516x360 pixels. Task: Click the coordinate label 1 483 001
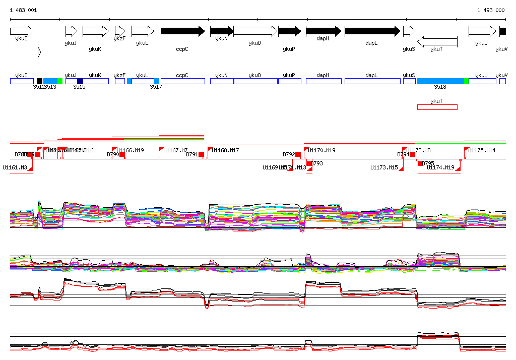[x=23, y=10]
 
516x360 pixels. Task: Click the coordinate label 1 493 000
[x=491, y=10]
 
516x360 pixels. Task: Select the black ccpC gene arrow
[x=182, y=31]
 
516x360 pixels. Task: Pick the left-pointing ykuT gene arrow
[x=437, y=41]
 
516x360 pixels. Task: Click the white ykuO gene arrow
[x=255, y=31]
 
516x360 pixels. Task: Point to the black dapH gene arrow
[x=324, y=31]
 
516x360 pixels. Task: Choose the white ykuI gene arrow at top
[x=22, y=31]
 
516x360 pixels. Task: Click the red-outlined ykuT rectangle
[x=437, y=107]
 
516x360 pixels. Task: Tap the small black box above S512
[x=39, y=81]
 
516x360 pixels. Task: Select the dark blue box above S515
[x=80, y=81]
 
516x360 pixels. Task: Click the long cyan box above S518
[x=440, y=81]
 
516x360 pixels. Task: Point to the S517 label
[x=156, y=87]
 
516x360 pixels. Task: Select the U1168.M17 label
[x=225, y=150]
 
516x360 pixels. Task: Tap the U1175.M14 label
[x=482, y=150]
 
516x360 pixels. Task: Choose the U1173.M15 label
[x=384, y=167]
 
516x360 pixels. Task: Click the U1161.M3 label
[x=15, y=167]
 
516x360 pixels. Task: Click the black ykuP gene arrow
[x=289, y=31]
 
